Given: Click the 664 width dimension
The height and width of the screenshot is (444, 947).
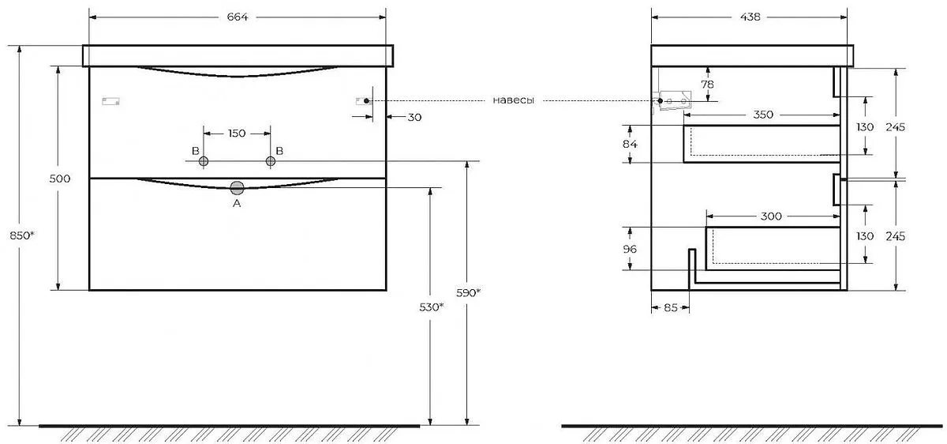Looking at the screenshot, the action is click(238, 17).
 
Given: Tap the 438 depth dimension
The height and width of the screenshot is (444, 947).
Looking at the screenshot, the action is click(750, 17).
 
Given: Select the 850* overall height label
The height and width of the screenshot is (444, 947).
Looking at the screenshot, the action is click(21, 235).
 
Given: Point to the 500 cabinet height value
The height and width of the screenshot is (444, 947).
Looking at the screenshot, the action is click(60, 179).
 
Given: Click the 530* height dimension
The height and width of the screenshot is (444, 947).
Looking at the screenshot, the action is click(431, 307).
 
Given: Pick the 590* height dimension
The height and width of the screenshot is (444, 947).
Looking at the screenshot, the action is click(468, 293).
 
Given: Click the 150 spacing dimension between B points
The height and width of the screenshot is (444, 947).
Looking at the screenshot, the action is click(237, 134).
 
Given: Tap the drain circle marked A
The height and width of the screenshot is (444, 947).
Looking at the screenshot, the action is click(238, 188).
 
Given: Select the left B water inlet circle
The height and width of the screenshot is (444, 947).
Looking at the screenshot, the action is click(204, 161).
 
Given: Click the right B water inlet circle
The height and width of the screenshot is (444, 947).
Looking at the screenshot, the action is click(271, 161).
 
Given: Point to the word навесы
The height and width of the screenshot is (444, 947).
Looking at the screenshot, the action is click(513, 100).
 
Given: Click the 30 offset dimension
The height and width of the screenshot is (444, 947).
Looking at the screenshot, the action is click(414, 117).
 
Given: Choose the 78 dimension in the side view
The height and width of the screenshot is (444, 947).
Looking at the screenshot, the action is click(707, 85).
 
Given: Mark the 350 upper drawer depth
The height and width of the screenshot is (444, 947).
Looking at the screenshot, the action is click(763, 115).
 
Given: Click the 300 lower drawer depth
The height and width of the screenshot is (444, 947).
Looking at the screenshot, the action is click(771, 216).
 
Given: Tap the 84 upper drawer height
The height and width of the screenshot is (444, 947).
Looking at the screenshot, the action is click(630, 144).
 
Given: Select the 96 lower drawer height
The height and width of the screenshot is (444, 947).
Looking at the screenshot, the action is click(630, 249).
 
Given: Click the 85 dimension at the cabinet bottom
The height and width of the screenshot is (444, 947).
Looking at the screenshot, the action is click(671, 307).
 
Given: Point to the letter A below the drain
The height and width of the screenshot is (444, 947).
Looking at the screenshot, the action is click(237, 204).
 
